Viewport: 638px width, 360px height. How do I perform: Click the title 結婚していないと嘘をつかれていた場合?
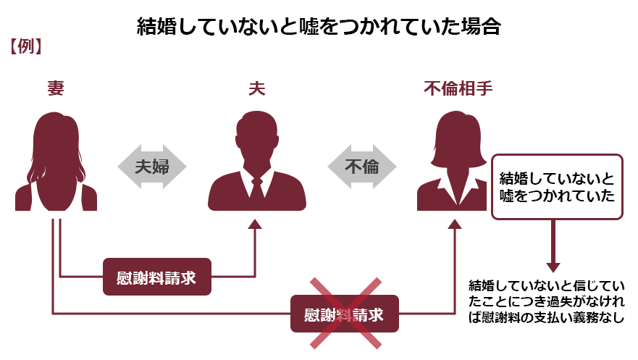pos(319,27)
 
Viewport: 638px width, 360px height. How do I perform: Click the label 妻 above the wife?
pos(56,88)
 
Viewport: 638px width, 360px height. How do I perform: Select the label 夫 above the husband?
pos(257,88)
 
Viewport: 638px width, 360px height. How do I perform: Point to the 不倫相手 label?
pos(458,88)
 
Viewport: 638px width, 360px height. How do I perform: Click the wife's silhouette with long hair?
pos(56,163)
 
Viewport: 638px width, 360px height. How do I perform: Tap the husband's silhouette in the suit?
pos(257,163)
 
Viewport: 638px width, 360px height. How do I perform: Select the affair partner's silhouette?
pos(453,163)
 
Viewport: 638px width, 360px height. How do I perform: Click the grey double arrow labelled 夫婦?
pos(152,167)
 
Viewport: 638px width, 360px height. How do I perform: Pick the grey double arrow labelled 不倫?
pos(361,167)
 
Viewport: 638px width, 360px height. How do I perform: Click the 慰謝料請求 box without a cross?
pos(157,277)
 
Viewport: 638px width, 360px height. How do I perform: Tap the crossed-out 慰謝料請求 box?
pos(345,314)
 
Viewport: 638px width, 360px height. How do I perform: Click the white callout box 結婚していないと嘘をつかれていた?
pos(557,187)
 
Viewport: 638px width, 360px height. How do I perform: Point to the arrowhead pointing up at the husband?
pos(255,224)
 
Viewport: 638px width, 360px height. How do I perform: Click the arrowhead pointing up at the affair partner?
pos(455,224)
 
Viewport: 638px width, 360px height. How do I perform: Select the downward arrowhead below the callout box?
pos(553,268)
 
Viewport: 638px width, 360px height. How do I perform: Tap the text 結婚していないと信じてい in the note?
pos(547,285)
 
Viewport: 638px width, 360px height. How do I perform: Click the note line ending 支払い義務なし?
pos(547,317)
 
